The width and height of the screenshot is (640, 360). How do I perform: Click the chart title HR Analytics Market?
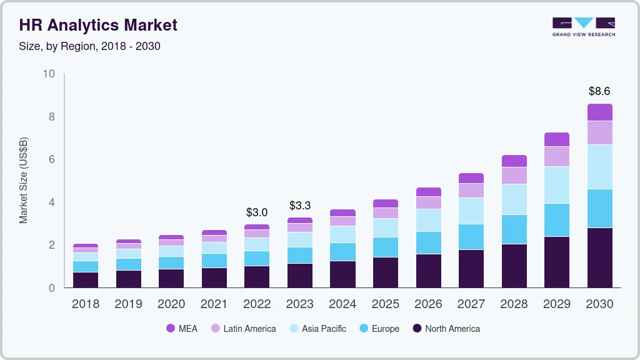[98, 25]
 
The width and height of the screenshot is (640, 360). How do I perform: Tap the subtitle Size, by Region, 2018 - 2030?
[90, 46]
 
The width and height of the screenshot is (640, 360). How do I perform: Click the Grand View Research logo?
[583, 26]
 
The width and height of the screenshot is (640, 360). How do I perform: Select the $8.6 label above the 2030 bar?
[599, 91]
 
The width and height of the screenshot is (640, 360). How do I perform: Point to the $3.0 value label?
[257, 212]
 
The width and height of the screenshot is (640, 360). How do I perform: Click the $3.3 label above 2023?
[299, 206]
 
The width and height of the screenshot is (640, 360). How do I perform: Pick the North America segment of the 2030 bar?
[599, 257]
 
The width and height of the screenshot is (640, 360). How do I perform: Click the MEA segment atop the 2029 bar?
[556, 139]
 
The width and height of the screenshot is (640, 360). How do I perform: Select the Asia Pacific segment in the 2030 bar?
[599, 167]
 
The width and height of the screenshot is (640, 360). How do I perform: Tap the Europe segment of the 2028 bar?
[514, 229]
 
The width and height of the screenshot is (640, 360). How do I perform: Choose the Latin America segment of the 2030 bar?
[599, 132]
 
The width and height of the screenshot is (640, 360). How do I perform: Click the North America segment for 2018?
[86, 280]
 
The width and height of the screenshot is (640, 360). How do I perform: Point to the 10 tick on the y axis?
[49, 74]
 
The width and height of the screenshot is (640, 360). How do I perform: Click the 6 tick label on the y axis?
[52, 160]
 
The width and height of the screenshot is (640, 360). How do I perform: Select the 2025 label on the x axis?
[385, 304]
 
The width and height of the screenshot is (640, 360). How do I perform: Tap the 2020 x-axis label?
[171, 304]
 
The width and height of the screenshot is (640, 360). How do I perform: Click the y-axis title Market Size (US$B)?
[24, 180]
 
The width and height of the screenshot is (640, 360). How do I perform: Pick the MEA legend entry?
[181, 329]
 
